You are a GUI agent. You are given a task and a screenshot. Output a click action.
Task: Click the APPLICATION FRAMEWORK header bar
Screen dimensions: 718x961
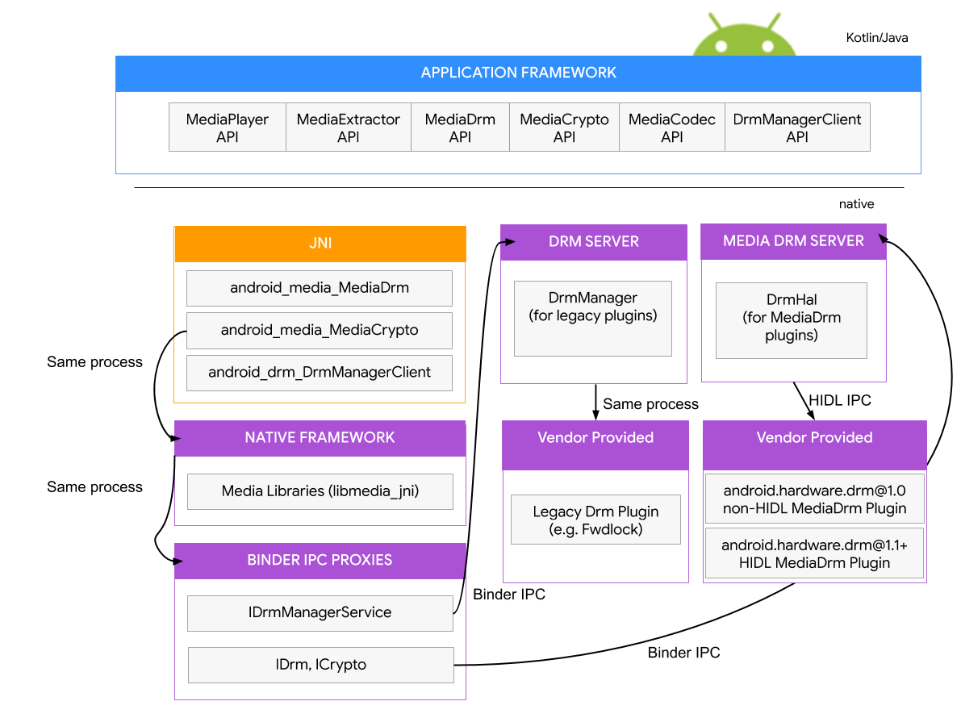518,73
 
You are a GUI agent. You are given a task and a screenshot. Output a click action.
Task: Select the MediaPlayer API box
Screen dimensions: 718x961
228,127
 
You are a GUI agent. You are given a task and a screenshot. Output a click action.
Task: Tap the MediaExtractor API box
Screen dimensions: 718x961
349,127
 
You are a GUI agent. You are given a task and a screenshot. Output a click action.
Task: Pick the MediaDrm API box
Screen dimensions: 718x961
460,127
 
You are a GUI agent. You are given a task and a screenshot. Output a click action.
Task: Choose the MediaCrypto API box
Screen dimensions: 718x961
564,127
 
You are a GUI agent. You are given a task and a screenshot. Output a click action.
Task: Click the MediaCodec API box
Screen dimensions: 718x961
672,127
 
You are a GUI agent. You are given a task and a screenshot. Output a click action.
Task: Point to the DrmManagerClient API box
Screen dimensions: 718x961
797,127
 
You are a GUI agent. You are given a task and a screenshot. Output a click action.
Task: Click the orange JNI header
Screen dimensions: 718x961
320,244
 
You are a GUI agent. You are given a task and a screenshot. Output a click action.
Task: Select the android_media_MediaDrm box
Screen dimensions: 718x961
320,288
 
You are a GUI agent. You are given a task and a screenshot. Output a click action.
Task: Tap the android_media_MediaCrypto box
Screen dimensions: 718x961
320,331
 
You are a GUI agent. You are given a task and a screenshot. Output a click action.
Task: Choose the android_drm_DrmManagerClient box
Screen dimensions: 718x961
320,373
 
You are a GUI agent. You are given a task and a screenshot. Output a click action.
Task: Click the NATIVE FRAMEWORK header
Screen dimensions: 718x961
320,438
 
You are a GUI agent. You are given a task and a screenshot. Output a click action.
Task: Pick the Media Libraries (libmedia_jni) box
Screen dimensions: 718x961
320,491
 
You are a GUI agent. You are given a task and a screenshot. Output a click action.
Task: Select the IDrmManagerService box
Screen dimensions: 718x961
320,613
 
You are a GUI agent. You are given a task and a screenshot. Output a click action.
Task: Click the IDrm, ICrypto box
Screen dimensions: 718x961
320,665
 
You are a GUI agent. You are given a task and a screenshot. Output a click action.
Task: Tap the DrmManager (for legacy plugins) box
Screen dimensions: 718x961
593,318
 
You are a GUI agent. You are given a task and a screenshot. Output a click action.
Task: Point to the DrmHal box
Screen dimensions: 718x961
792,319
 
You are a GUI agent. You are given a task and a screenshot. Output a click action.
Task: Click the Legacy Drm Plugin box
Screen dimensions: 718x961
595,520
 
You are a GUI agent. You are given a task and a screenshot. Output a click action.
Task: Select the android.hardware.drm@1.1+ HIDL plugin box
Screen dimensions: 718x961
814,554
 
